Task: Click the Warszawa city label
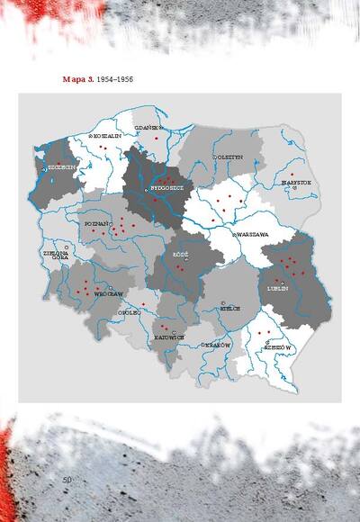click(254, 235)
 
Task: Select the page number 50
click(67, 480)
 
